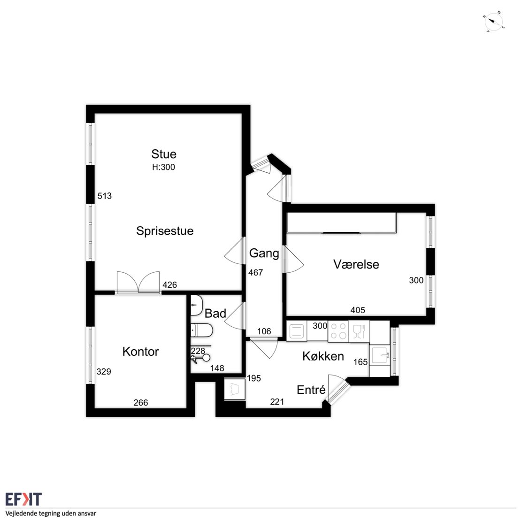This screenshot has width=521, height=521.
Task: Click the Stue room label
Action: coord(164,154)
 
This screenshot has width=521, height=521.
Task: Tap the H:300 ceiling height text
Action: coord(163,167)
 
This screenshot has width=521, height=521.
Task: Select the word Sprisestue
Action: coord(165,231)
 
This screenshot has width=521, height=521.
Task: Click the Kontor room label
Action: coord(140,352)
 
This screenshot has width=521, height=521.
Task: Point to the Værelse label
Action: coord(356,264)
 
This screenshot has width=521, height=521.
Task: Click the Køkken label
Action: coord(323,356)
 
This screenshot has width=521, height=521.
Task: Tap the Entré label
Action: coord(311,390)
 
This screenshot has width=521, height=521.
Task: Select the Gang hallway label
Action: coord(264,253)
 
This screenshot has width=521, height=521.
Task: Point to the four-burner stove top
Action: coord(338,331)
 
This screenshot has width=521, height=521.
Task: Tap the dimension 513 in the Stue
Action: coord(104,196)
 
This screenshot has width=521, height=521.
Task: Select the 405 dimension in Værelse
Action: coord(358,310)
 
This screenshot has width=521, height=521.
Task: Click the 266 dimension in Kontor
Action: coord(140,403)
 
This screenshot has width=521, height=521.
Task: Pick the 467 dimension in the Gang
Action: coord(255,272)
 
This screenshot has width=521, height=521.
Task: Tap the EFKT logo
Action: coord(23,499)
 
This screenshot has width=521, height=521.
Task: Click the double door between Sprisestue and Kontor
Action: coord(138,283)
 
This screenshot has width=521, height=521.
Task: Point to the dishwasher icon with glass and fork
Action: coord(359,331)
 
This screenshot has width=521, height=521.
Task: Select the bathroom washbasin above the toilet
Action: coord(196,305)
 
